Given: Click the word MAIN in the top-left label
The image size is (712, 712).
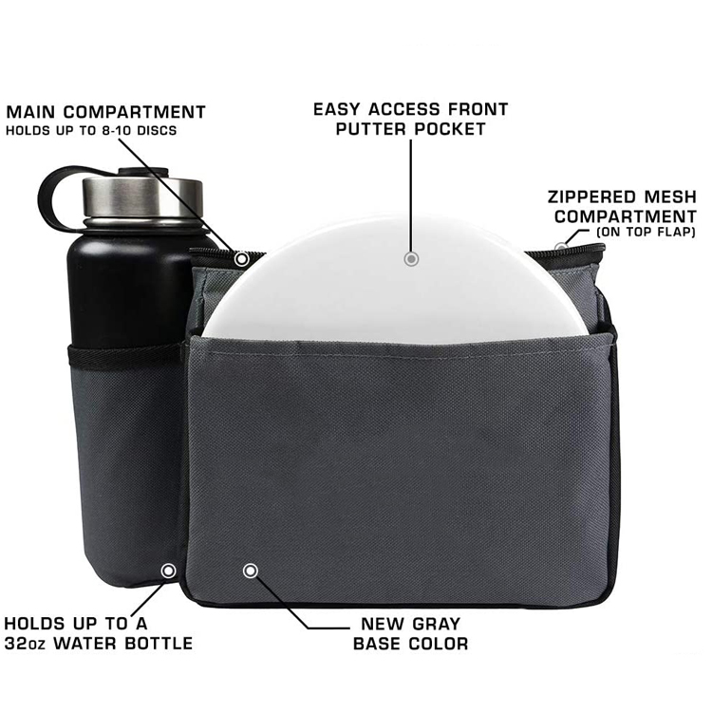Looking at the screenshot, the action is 31,112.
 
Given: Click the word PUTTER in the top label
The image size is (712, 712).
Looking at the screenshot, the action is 371,129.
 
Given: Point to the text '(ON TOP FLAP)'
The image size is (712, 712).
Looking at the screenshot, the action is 646,232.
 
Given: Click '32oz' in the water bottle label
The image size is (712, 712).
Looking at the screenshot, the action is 25,643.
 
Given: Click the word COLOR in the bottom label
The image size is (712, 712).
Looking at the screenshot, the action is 439,644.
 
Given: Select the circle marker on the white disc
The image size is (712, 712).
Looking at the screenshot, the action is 411,259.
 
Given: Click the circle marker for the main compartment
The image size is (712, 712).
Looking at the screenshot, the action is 241,259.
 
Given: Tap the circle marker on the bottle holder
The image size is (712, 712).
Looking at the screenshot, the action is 168,571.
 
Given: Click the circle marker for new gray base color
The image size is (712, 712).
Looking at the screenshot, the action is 251,571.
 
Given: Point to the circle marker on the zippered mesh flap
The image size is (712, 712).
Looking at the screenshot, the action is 561,248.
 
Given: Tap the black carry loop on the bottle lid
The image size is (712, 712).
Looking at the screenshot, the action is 59,196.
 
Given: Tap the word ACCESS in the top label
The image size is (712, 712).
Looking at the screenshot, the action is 403,109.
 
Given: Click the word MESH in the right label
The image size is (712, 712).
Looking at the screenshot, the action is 669,197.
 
